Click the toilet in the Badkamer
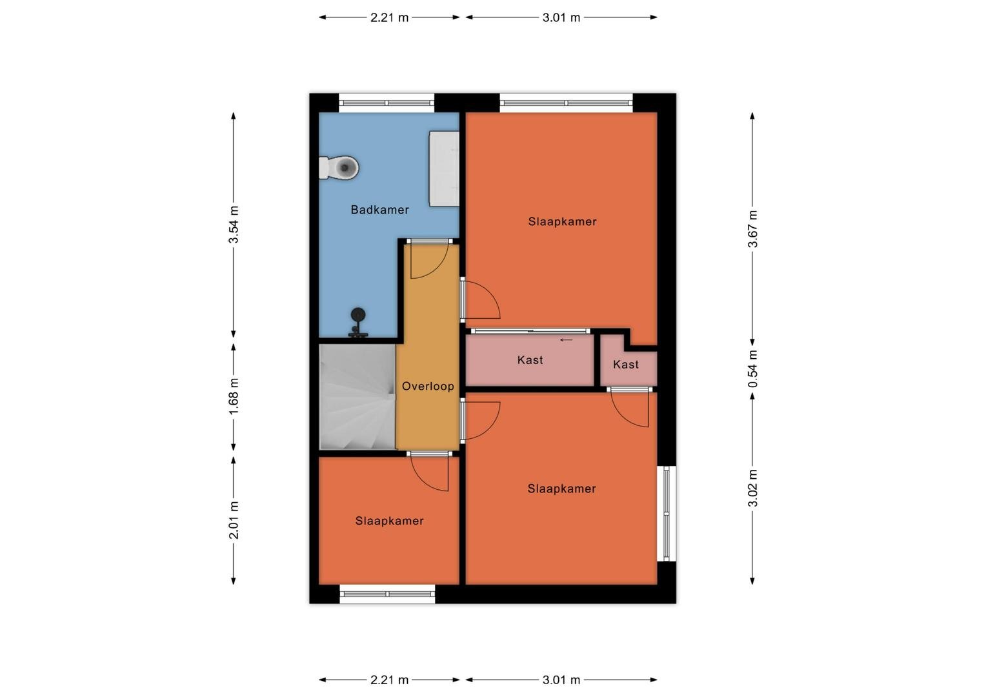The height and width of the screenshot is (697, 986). pos(339,167)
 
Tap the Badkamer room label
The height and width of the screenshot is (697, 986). pos(380,210)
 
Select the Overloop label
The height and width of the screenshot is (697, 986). pos(428,386)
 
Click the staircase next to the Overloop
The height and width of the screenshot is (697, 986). pos(357,397)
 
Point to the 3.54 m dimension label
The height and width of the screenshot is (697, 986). pos(234,225)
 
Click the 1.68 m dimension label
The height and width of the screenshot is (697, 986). pos(234,396)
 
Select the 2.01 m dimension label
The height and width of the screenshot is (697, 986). pos(234,520)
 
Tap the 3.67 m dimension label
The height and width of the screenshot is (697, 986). pos(752,229)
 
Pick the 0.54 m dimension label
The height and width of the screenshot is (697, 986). pos(752,369)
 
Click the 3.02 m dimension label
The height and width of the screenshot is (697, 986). pos(752,489)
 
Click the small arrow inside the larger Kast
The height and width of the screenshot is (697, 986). pos(566,340)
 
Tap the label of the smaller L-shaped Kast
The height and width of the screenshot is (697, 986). pos(626,365)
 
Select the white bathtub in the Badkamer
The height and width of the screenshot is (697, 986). pos(444,168)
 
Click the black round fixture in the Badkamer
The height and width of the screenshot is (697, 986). pos(358,322)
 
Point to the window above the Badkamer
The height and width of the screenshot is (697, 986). pos(387,103)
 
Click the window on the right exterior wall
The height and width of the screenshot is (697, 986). pos(667,514)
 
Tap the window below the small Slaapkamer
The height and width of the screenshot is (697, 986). pos(387,594)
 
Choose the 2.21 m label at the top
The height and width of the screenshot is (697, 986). pos(390,17)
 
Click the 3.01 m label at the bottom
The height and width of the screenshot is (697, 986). pos(561,680)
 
